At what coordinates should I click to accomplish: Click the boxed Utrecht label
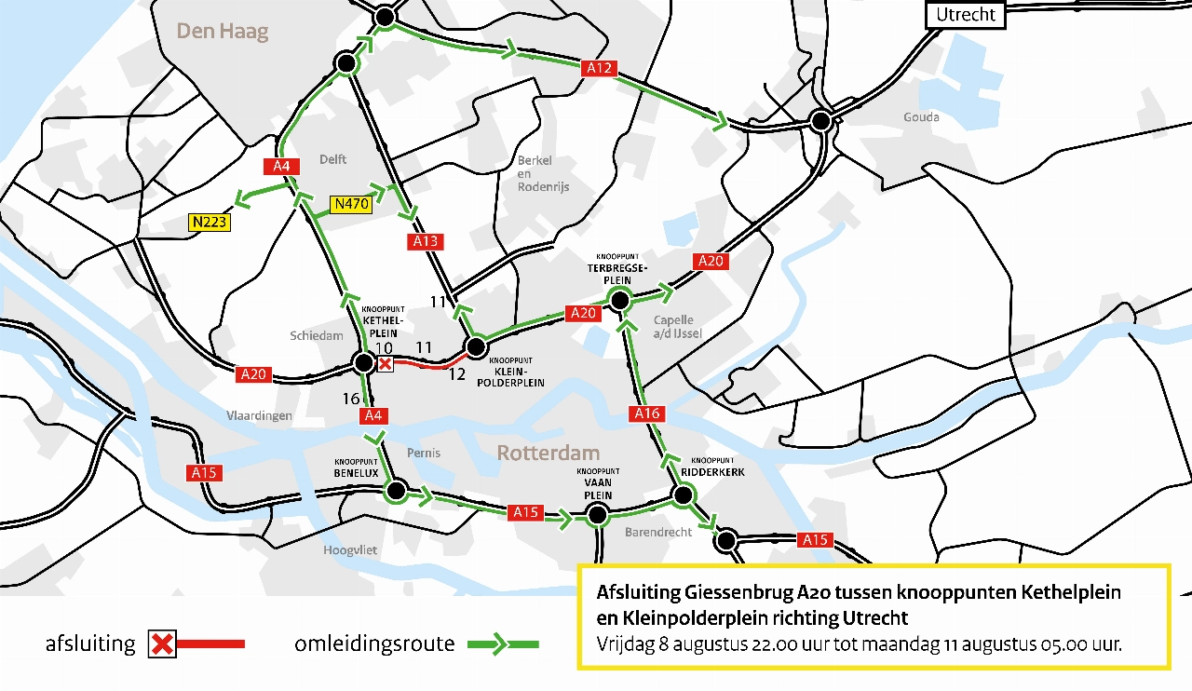tap(966, 15)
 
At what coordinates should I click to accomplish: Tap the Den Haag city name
tap(223, 32)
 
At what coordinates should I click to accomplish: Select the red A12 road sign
tap(599, 67)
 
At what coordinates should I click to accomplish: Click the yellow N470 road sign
tap(351, 204)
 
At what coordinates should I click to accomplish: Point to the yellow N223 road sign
tap(209, 223)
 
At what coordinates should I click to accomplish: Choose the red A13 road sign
tap(425, 242)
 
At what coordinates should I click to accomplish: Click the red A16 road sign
tap(646, 413)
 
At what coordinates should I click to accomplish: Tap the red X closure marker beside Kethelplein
tap(385, 364)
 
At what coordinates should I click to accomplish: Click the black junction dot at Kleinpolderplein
tap(476, 348)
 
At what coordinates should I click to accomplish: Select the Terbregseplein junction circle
tap(618, 300)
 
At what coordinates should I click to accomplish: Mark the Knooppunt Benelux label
tap(356, 467)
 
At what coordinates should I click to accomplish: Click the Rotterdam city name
tap(548, 454)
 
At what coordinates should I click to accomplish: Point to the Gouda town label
tap(921, 117)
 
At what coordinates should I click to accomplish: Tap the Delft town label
tap(332, 159)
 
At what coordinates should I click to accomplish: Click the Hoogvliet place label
tap(350, 550)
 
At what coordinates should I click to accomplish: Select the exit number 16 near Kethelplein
tap(351, 399)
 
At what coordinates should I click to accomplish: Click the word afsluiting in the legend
tap(90, 644)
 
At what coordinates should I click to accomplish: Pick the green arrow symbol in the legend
tap(502, 644)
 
